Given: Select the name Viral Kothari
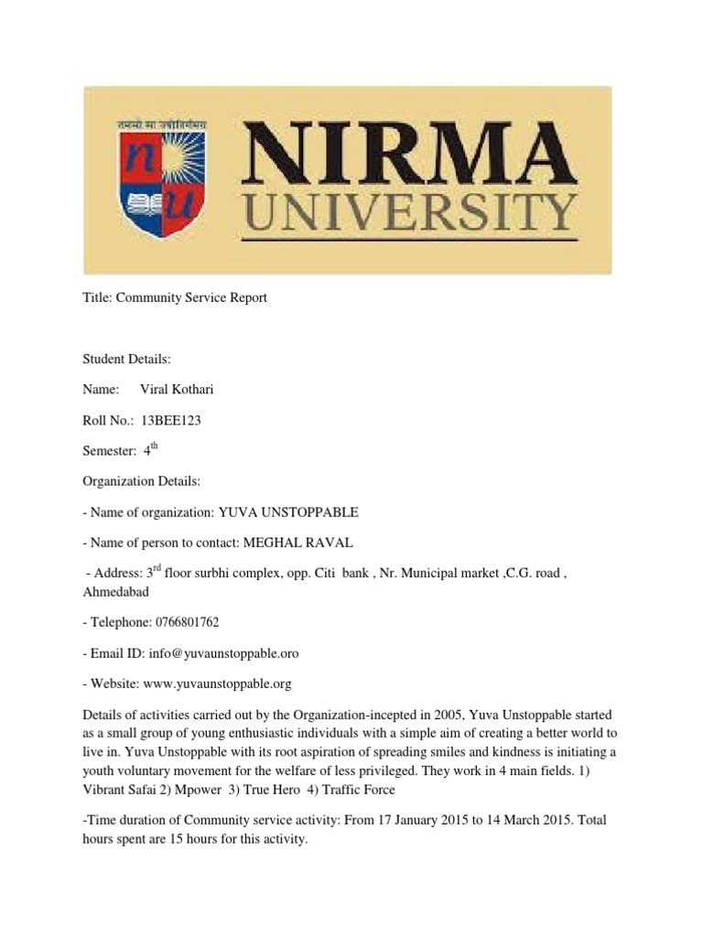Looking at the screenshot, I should click(x=177, y=390).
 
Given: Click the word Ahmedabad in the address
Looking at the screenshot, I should click(x=115, y=591).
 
